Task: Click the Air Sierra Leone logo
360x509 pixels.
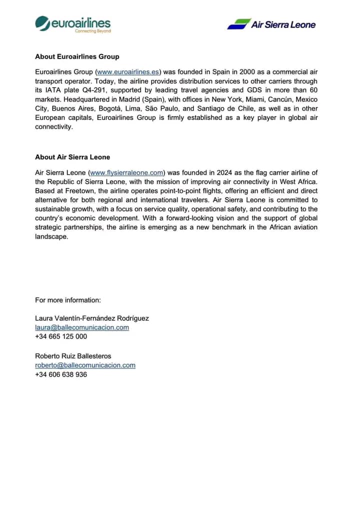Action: tap(271, 24)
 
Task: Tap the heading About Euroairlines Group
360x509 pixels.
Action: tap(77, 56)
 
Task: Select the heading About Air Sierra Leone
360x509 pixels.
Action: tap(72, 157)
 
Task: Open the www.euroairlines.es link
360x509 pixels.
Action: tap(128, 72)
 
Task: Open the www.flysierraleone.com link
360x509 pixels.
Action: tap(126, 172)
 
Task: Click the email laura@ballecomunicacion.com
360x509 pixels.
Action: tap(82, 327)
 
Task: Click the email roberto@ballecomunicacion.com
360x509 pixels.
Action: tap(85, 365)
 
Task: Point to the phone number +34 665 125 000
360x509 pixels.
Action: tap(61, 336)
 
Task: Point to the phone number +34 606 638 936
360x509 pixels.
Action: tap(61, 374)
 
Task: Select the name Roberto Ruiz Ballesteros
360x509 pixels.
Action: tap(73, 356)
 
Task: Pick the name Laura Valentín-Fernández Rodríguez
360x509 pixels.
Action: tap(92, 318)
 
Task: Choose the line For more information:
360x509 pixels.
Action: tap(68, 300)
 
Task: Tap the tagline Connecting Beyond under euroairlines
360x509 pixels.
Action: tap(92, 31)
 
